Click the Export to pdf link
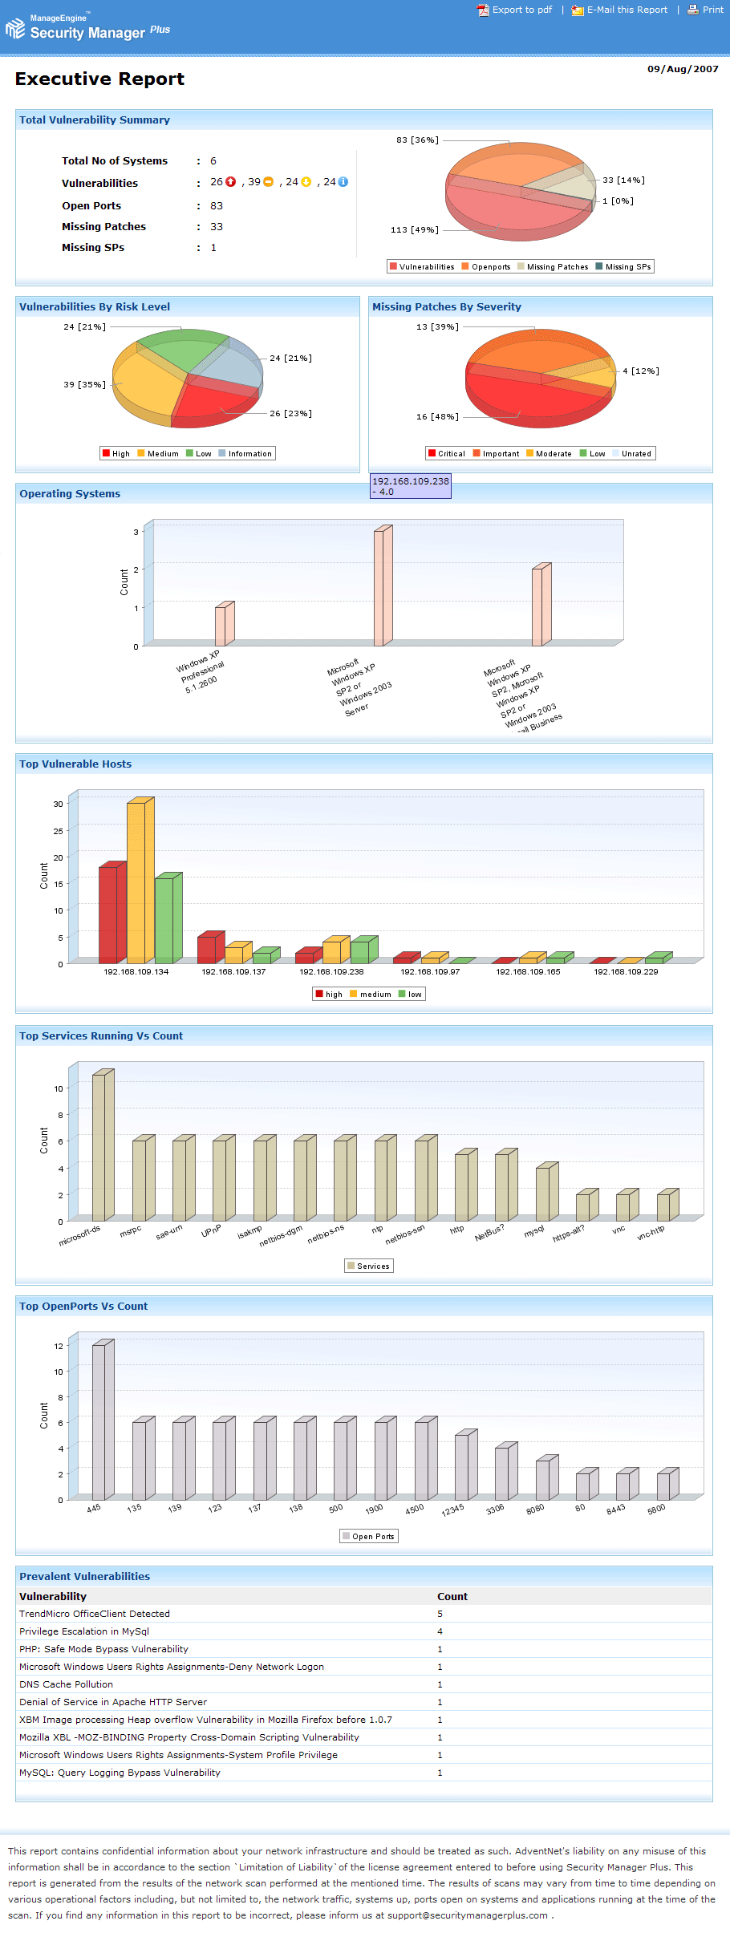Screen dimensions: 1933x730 [x=521, y=10]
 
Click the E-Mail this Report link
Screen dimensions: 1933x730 [x=627, y=10]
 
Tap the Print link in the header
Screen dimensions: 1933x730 [x=712, y=10]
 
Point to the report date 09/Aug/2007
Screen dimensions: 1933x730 [x=683, y=69]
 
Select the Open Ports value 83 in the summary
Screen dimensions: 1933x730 [x=217, y=206]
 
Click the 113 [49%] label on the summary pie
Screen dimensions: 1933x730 [x=414, y=230]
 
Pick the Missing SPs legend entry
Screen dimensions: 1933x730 [x=627, y=267]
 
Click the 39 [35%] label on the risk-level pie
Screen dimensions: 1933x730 [x=84, y=385]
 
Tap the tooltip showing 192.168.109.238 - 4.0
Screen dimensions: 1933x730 [x=410, y=486]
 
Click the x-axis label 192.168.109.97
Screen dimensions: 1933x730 [x=430, y=972]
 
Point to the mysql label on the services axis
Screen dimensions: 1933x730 [x=534, y=1230]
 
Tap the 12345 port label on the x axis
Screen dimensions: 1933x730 [x=452, y=1511]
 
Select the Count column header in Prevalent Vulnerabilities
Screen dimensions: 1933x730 [x=452, y=1597]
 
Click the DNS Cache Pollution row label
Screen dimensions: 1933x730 [x=67, y=1684]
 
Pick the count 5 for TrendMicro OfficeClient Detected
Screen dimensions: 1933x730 [x=440, y=1614]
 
